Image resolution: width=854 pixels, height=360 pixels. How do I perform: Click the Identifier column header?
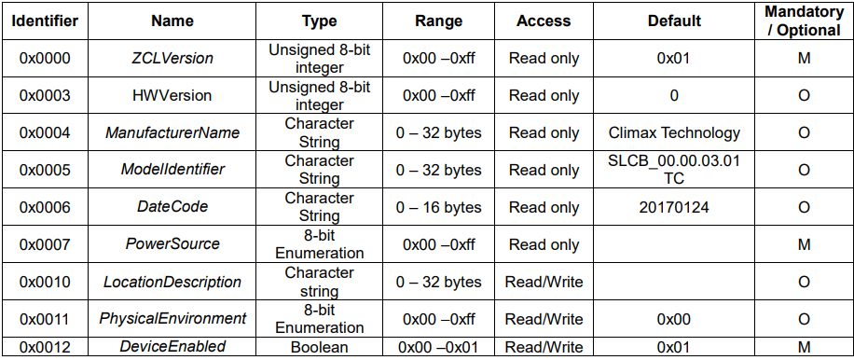(x=45, y=21)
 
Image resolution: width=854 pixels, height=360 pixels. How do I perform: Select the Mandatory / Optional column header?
(x=804, y=21)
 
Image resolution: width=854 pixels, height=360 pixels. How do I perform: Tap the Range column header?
(x=438, y=21)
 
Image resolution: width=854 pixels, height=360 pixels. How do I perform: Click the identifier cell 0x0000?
(x=45, y=58)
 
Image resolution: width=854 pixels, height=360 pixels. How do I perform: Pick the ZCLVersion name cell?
(x=172, y=58)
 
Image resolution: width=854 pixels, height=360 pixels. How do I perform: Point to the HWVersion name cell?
(x=172, y=96)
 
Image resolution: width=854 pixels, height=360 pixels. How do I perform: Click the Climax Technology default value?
(x=674, y=132)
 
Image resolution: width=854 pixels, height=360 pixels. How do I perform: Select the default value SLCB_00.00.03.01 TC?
(x=674, y=171)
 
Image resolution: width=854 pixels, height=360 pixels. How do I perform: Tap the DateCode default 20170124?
(x=674, y=207)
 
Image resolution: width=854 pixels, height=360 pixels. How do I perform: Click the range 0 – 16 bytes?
(x=438, y=207)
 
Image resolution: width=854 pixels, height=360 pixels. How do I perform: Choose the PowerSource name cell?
(x=172, y=244)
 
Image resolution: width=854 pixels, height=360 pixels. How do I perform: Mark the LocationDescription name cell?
(x=172, y=282)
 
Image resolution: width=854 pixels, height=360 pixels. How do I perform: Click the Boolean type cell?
(x=319, y=347)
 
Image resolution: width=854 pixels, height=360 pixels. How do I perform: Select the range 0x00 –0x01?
(x=438, y=347)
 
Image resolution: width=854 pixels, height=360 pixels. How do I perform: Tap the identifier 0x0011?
(x=45, y=319)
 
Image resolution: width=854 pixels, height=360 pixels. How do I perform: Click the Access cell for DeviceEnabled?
(x=544, y=347)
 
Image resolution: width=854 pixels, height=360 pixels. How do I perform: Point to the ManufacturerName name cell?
(x=172, y=132)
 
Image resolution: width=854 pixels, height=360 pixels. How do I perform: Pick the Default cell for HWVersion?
(x=674, y=96)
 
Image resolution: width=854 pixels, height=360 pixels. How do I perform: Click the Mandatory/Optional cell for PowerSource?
(x=804, y=244)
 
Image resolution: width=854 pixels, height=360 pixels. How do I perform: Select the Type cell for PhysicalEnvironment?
(x=319, y=319)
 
